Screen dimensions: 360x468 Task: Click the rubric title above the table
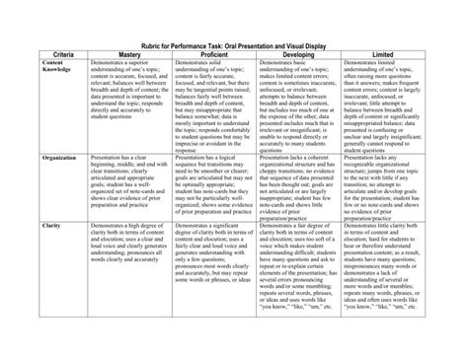point(233,48)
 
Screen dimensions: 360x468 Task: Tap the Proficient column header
point(205,59)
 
